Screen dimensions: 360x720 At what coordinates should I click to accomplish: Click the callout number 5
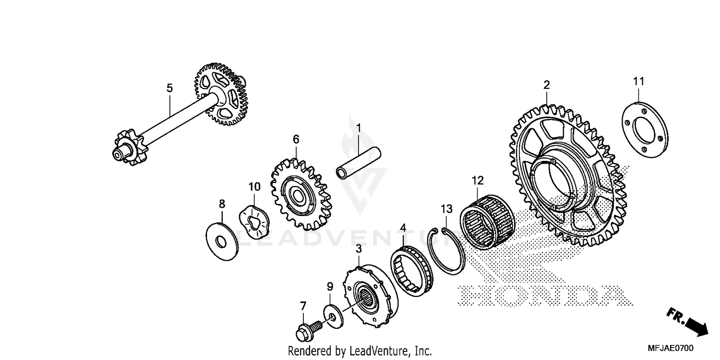(169, 88)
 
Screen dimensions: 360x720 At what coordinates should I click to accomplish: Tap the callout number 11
(638, 81)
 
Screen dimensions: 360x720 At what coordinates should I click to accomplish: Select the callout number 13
(446, 209)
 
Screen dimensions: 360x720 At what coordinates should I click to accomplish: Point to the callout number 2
(546, 85)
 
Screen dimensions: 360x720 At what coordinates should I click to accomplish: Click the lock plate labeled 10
(254, 223)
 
